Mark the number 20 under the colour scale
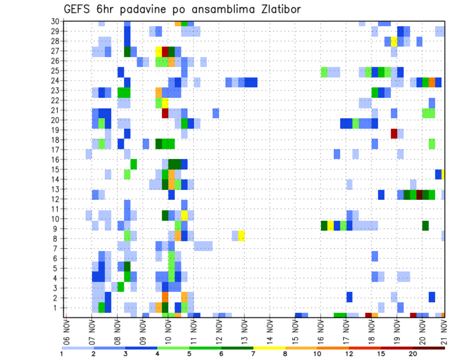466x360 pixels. click(413, 354)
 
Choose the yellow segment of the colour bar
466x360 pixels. click(269, 348)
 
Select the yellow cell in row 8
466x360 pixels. click(241, 236)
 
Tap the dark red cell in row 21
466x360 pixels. click(165, 113)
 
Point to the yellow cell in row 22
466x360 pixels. click(165, 103)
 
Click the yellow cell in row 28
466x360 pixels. click(394, 41)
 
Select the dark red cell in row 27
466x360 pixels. click(165, 51)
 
